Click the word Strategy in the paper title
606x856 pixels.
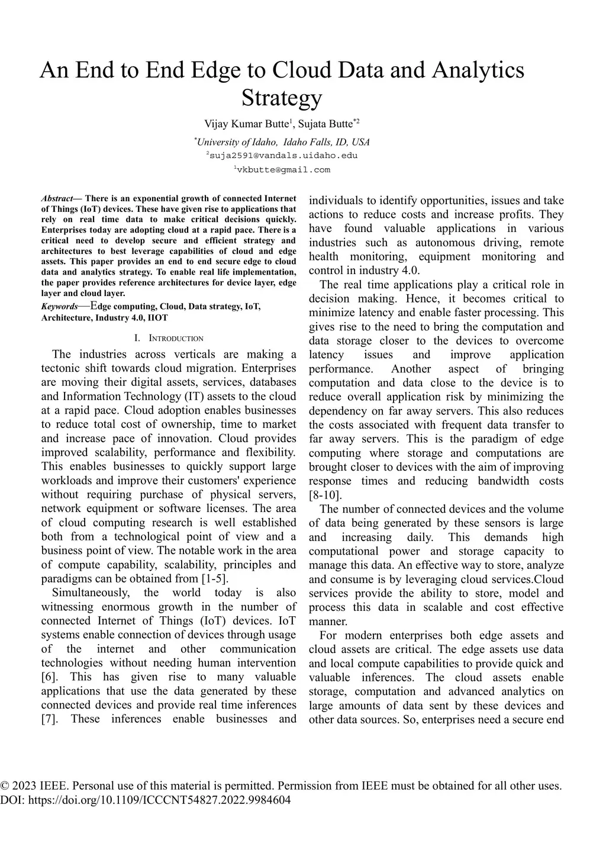tap(282, 98)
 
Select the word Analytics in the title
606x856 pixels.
tap(478, 70)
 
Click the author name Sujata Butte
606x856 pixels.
tap(325, 124)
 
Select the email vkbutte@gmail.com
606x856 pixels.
tap(283, 170)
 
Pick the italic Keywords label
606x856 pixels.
tap(59, 307)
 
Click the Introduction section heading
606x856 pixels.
tap(175, 339)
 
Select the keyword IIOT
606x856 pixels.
tap(157, 318)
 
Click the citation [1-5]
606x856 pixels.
tap(215, 579)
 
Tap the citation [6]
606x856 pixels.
tap(49, 677)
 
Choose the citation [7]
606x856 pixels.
tap(49, 719)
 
